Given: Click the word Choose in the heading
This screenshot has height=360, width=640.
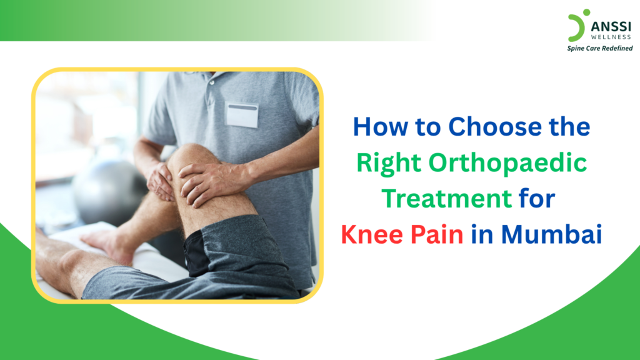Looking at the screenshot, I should coord(484,127).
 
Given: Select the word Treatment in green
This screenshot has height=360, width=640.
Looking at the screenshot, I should coord(446,199).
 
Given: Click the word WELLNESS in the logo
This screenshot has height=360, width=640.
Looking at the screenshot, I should coord(611,36).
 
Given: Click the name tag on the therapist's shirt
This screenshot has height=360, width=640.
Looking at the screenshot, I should coord(242,114).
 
